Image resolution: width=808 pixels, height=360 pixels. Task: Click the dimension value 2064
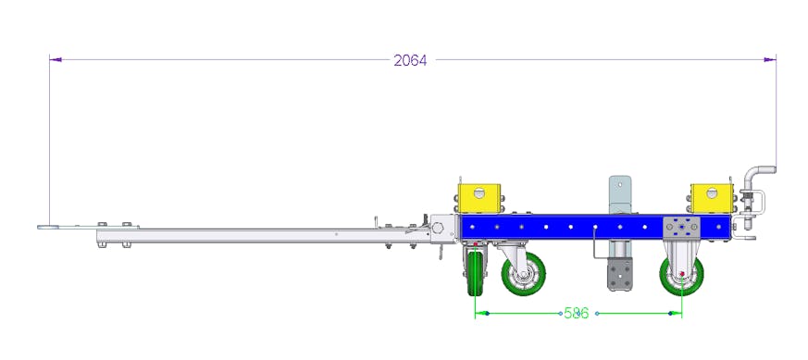click(x=410, y=60)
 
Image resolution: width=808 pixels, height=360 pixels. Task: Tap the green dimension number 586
click(x=576, y=313)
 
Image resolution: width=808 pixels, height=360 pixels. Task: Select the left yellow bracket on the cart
click(x=479, y=198)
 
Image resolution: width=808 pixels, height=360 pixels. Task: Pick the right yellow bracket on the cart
click(x=712, y=198)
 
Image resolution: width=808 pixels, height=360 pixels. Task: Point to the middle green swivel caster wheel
click(x=524, y=274)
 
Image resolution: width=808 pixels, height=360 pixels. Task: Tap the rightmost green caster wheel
click(x=682, y=275)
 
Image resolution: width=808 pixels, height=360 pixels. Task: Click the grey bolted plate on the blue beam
click(x=681, y=228)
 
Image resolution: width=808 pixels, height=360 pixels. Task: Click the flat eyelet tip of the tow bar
click(x=48, y=226)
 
